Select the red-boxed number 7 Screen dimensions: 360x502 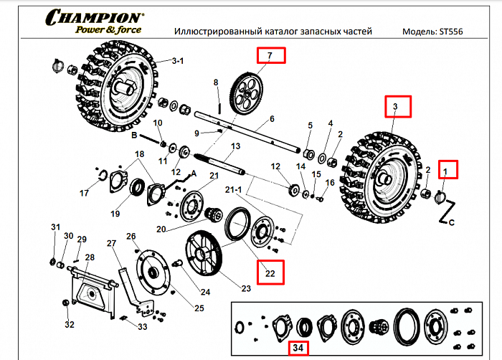270,55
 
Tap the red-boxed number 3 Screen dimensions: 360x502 394,107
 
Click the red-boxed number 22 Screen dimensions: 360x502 270,271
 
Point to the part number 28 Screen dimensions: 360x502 89,257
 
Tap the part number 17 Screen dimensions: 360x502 85,194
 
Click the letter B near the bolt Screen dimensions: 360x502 133,134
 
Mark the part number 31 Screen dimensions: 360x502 55,227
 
